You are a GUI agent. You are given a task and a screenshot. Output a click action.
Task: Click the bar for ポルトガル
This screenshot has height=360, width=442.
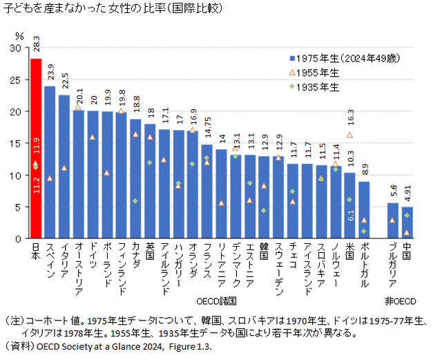364,210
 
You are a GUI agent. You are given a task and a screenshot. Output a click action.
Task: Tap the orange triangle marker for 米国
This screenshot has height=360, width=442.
350,135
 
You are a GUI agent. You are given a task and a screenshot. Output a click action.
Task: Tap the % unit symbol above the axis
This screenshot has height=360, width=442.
19,35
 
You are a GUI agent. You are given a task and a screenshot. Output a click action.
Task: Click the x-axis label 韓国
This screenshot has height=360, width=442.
264,253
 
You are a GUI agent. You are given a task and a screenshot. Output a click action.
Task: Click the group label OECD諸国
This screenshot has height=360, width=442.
217,301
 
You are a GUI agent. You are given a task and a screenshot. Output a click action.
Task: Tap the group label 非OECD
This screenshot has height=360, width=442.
400,301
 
